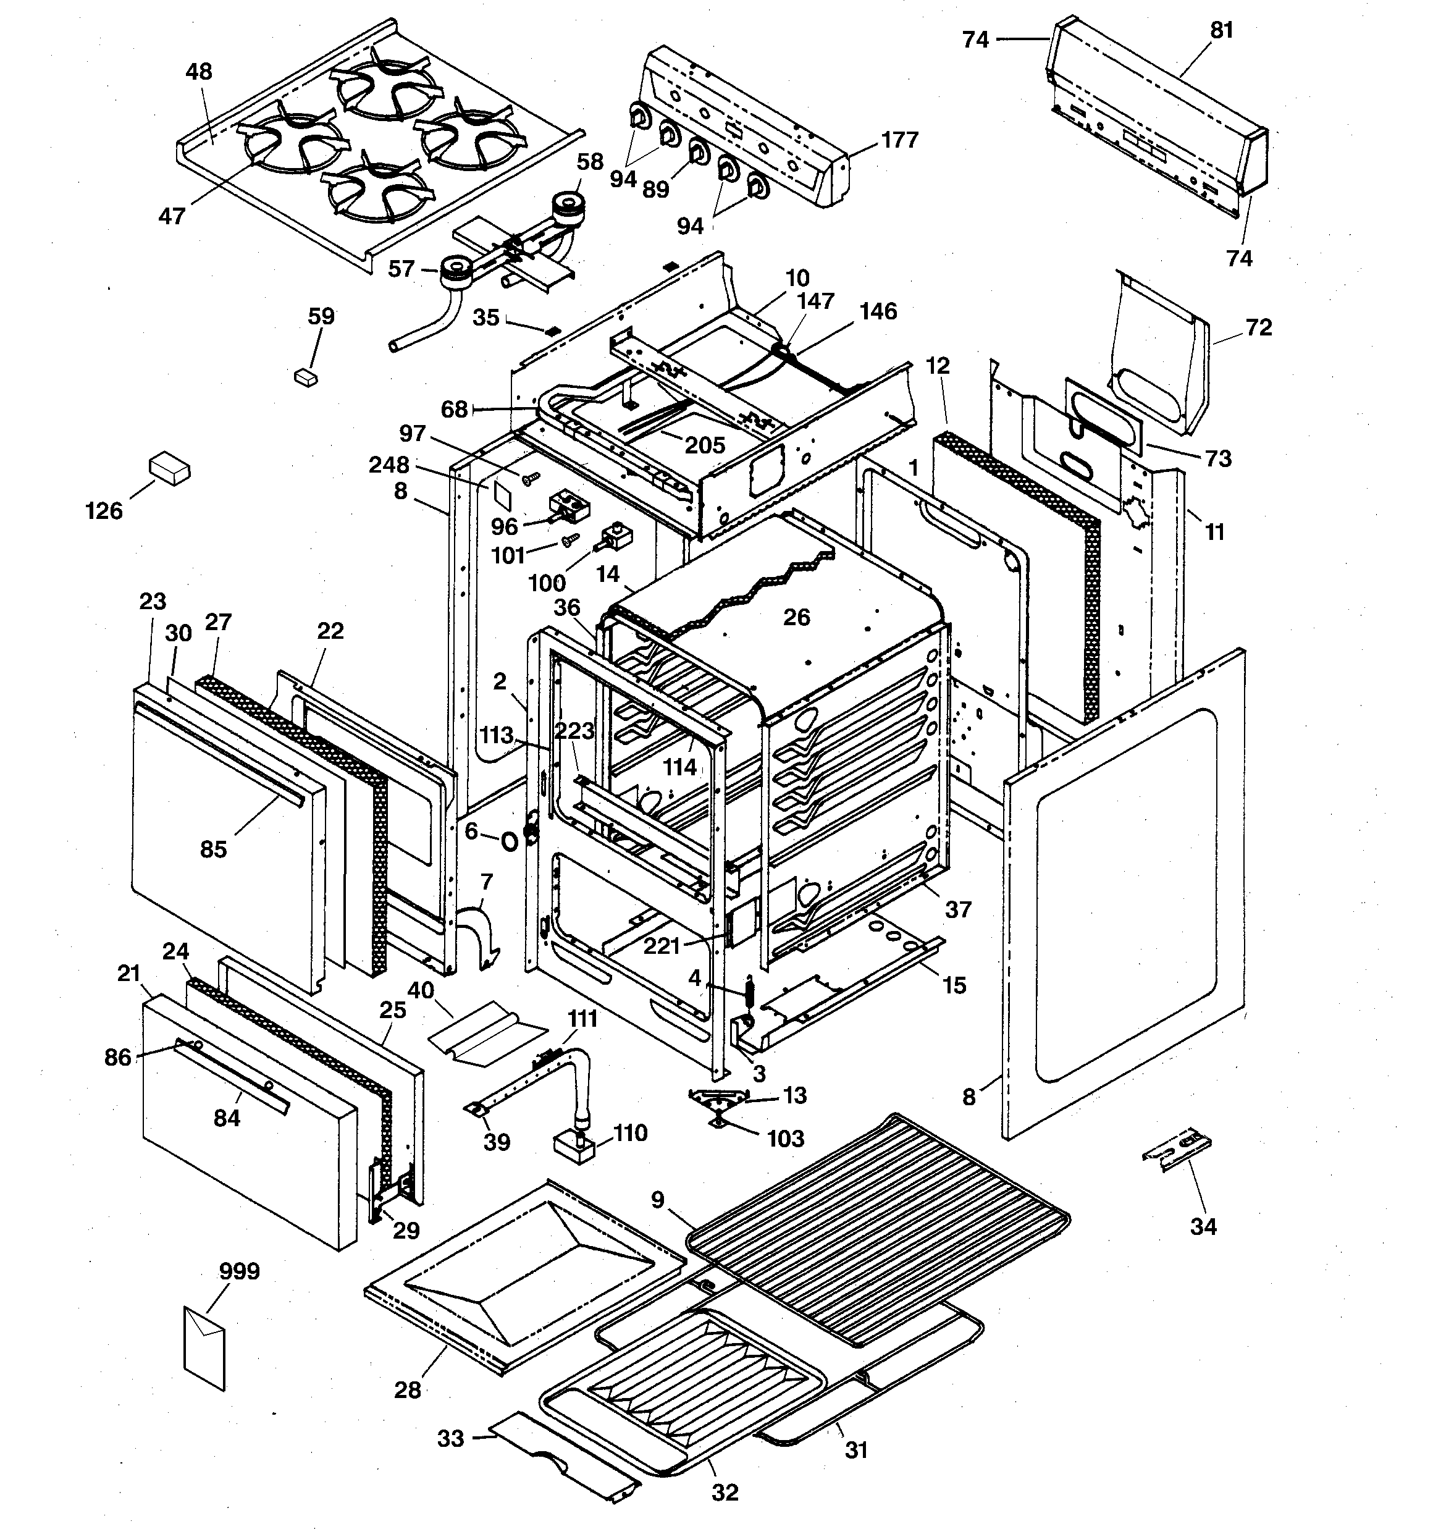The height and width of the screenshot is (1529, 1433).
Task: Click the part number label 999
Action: click(x=238, y=1271)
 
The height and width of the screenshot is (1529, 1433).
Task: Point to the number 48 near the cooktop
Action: click(x=198, y=72)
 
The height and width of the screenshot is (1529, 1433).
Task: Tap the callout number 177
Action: click(x=899, y=140)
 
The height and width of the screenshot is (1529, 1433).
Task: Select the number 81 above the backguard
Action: click(x=1222, y=30)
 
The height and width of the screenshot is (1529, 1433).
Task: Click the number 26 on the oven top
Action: click(x=797, y=617)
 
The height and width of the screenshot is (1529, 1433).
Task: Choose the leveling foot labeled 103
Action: click(x=717, y=1125)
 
